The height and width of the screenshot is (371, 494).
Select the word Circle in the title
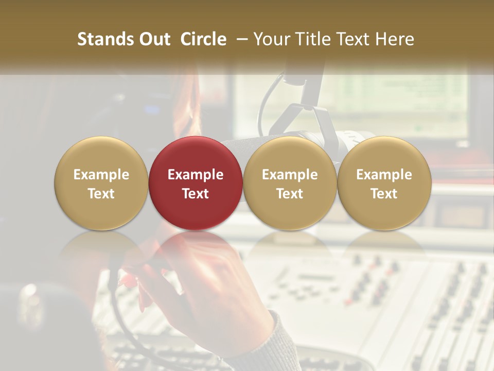(x=203, y=39)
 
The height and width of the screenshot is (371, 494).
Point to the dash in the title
(x=240, y=40)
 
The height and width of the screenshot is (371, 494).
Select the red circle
(x=195, y=183)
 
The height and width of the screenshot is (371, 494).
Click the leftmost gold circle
(x=101, y=183)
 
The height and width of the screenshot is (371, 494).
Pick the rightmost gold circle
(x=384, y=183)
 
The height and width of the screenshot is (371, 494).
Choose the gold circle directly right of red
(x=290, y=183)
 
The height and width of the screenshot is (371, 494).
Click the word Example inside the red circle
(x=195, y=175)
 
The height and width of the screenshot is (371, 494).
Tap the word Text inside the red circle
(x=195, y=194)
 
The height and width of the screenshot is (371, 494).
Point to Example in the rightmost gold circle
(x=384, y=175)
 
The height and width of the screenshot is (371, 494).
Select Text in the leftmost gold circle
(x=101, y=194)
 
